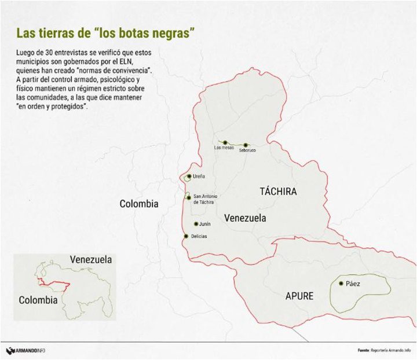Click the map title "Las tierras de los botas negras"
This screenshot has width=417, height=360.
(x=104, y=32)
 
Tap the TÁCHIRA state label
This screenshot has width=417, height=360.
(x=278, y=192)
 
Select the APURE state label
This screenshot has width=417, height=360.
(x=299, y=296)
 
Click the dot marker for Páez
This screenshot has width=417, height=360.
(x=341, y=284)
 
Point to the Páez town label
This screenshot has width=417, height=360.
(x=352, y=284)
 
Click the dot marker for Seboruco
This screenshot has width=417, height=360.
(x=246, y=145)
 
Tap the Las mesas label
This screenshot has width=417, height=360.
(x=224, y=148)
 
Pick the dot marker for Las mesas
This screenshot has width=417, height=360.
(x=225, y=142)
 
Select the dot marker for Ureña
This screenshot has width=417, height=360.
(x=189, y=177)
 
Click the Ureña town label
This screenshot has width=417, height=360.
(x=199, y=177)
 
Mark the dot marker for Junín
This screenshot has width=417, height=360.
(x=196, y=223)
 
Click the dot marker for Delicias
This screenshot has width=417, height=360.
(x=185, y=236)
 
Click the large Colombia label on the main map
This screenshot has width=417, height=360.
(x=139, y=204)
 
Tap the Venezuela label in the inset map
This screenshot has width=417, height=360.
(x=91, y=260)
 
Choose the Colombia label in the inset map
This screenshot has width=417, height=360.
(x=38, y=300)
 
